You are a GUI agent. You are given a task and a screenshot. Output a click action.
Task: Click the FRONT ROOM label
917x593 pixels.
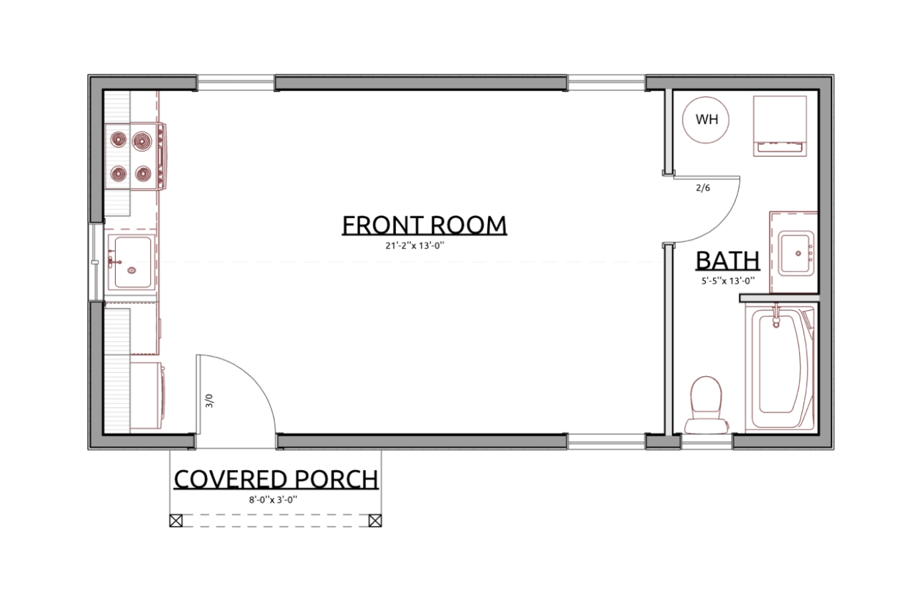tap(424, 225)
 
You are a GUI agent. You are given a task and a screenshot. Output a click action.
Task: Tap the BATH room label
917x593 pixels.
tap(728, 261)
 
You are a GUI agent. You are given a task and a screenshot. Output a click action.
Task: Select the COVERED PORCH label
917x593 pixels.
tap(276, 480)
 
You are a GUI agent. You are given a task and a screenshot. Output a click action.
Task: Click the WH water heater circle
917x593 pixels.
tap(706, 120)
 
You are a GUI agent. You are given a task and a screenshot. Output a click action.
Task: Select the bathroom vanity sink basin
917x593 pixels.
tap(796, 253)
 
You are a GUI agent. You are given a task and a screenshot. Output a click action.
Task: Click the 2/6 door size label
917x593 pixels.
tap(703, 188)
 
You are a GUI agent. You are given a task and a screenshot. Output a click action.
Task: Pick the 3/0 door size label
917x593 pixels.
tap(209, 401)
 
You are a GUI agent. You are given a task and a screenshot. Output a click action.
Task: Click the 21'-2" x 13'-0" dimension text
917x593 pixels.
tap(415, 246)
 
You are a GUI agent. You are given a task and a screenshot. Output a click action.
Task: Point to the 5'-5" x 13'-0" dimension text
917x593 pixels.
tap(728, 281)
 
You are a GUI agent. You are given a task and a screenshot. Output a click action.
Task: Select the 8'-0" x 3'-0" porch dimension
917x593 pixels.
tap(273, 500)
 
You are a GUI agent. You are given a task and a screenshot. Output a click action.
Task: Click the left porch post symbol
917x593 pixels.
tap(176, 520)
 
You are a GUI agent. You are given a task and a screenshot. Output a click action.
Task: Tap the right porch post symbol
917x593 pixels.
tap(375, 520)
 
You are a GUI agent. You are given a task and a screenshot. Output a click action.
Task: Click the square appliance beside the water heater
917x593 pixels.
tap(780, 126)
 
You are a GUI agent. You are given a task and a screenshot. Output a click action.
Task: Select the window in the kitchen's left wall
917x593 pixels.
tap(96, 262)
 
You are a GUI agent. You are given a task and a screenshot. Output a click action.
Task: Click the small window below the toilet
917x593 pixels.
tap(706, 442)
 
